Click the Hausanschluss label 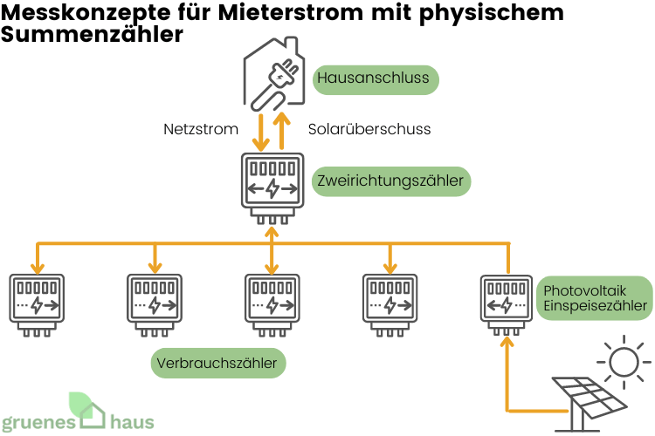(374, 79)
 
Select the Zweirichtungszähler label (390, 181)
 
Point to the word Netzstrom (201, 129)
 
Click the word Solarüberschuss (369, 129)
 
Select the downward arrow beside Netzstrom (260, 131)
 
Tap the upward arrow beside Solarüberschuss (283, 129)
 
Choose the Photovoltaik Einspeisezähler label (595, 297)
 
